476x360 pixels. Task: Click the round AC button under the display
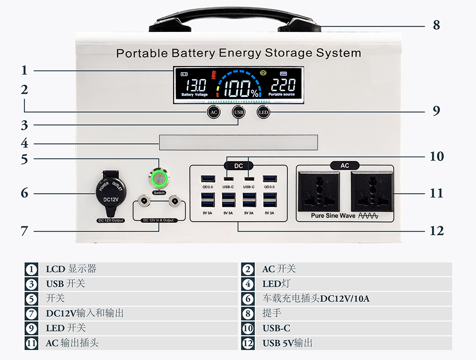(214, 112)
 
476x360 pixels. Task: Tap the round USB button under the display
(238, 112)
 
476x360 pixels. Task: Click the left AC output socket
(319, 191)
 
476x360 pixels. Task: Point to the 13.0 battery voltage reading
(196, 86)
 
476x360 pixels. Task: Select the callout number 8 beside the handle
(436, 25)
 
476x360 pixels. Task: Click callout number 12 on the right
(436, 231)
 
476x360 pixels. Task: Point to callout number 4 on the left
(24, 143)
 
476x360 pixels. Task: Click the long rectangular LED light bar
(238, 142)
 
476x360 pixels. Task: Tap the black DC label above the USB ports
(238, 165)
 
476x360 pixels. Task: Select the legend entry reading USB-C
(276, 328)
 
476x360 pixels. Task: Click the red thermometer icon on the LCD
(214, 75)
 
